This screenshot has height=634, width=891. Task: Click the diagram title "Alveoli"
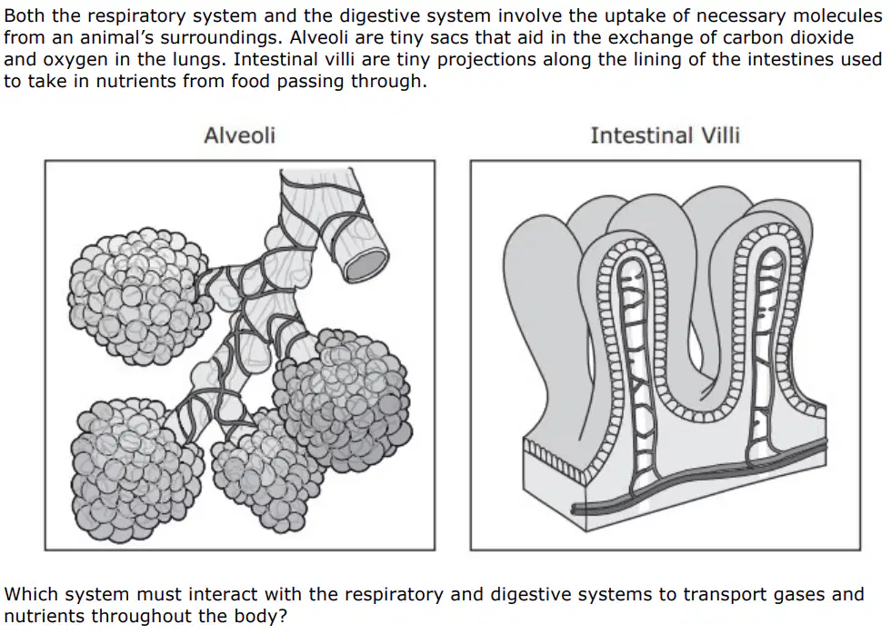pos(239,135)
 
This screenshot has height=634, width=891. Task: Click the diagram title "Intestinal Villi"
pos(665,135)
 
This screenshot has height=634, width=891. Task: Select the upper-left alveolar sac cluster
pos(138,296)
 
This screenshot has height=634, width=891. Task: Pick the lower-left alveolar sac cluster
pos(136,470)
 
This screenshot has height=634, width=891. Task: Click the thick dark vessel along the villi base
pos(699,476)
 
